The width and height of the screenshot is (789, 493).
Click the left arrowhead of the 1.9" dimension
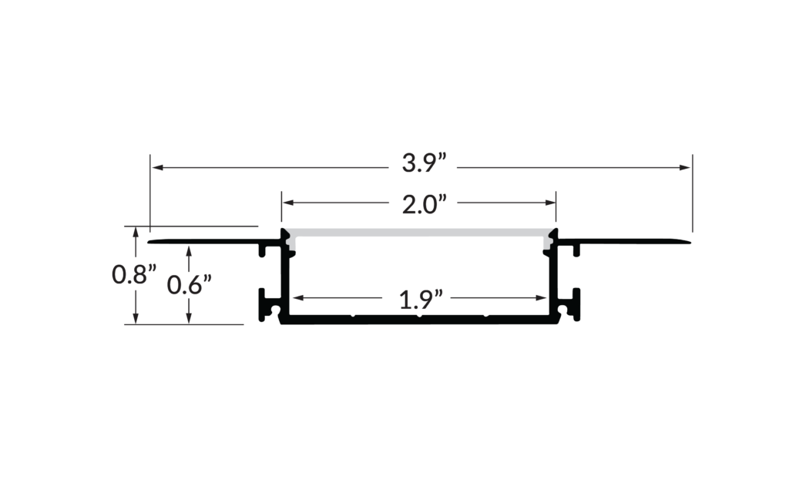(295, 297)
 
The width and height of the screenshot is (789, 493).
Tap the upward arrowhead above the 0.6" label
(189, 247)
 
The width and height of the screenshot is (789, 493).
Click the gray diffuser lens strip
(419, 233)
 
